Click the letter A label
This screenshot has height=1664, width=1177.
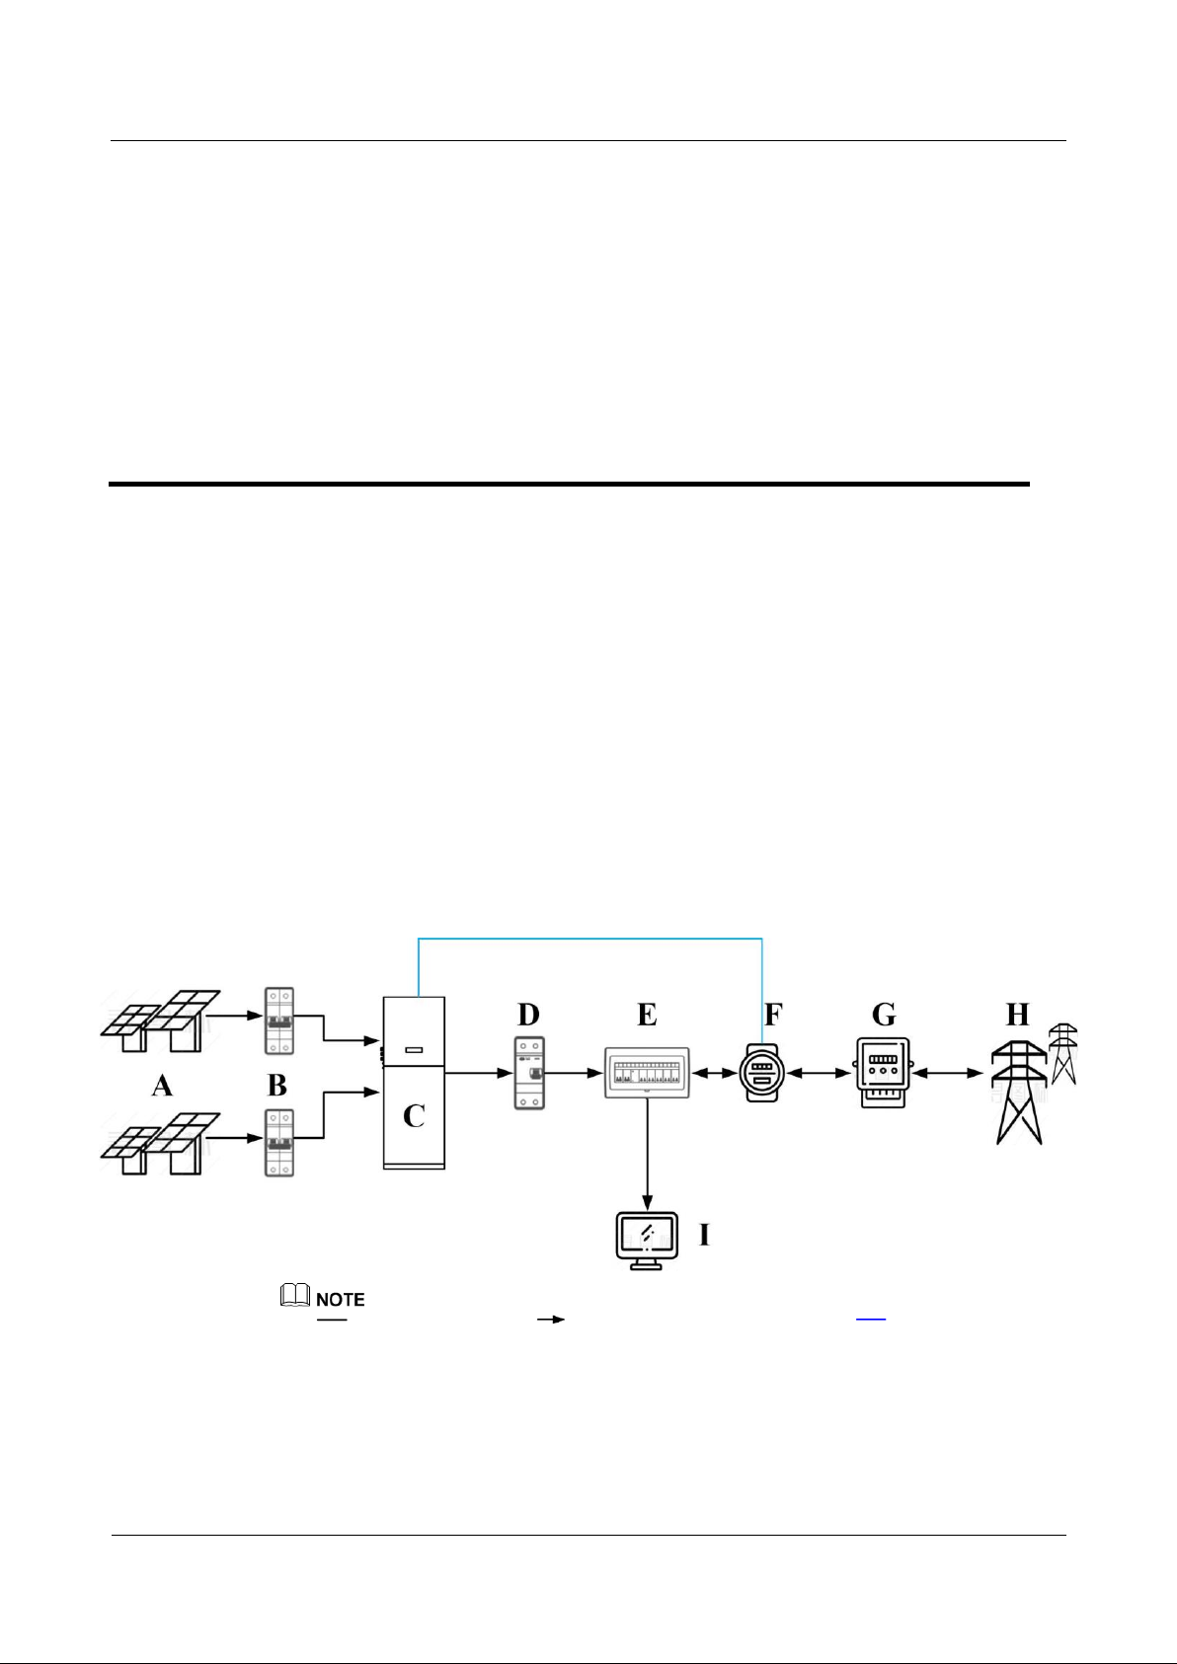tap(162, 1086)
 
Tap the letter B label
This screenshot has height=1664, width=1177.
tap(277, 1086)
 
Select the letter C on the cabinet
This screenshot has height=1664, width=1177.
tap(414, 1116)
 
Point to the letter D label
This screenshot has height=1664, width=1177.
tap(528, 1014)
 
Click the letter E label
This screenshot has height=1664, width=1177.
tap(647, 1014)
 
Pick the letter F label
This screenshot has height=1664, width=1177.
tap(773, 1014)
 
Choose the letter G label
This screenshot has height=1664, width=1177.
tap(884, 1014)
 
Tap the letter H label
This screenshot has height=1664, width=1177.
tap(1017, 1014)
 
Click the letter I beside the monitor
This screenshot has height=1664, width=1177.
tap(704, 1235)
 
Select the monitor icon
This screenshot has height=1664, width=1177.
tap(647, 1242)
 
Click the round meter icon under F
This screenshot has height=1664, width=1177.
tap(761, 1073)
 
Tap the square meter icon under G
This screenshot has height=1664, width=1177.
tap(883, 1073)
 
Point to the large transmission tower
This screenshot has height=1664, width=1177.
tap(1019, 1092)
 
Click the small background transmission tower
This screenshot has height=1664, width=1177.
tap(1063, 1053)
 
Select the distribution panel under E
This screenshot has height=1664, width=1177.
tap(647, 1072)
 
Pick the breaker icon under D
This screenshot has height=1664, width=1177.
tap(529, 1073)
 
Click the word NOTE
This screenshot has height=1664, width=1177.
tap(341, 1300)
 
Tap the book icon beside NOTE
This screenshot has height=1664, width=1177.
tap(295, 1295)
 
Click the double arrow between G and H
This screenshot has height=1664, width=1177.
tap(948, 1074)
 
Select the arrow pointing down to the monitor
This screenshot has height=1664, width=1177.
tap(647, 1153)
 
